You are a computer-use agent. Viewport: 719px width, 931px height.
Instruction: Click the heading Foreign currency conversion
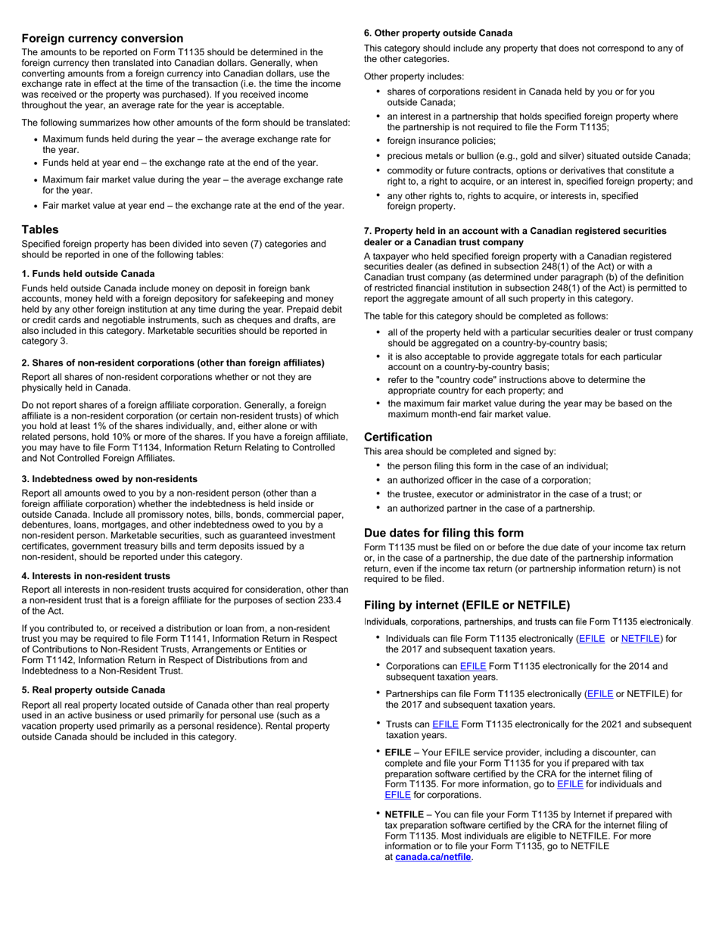point(102,39)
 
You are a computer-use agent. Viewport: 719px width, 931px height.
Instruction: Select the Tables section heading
point(40,229)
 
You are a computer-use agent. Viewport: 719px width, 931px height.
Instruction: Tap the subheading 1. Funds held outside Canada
point(89,273)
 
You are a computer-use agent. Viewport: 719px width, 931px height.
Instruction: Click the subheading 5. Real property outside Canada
point(93,690)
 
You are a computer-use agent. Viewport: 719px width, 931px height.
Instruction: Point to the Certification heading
point(398,437)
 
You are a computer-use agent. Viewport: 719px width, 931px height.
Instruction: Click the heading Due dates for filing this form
point(444,533)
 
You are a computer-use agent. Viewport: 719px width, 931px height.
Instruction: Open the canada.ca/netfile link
point(433,857)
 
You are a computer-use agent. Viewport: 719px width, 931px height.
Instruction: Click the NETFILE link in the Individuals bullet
point(640,638)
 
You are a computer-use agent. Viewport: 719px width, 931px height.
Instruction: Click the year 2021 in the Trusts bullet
point(595,724)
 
